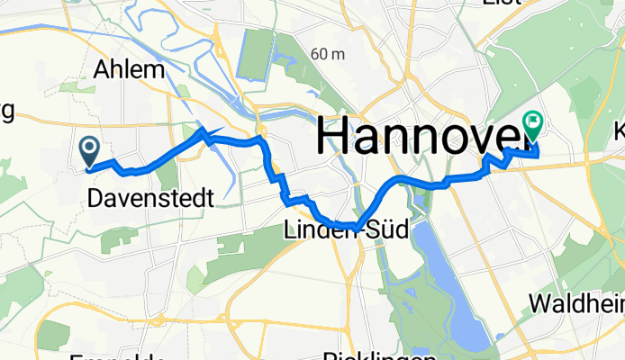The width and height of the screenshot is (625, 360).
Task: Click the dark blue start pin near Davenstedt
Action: click(x=90, y=149)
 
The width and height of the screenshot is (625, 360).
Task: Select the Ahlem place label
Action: click(x=130, y=70)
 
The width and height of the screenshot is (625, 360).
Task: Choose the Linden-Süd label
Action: click(x=346, y=230)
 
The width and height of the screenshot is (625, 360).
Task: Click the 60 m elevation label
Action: click(x=329, y=55)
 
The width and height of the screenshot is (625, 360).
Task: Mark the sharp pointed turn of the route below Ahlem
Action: click(x=203, y=133)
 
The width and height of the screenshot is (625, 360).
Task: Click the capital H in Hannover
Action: click(x=334, y=135)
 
